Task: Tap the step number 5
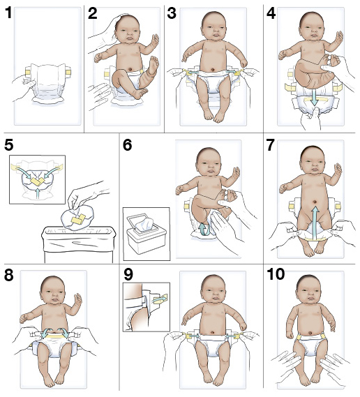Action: tap(9, 145)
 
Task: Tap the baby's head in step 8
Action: tap(52, 292)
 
